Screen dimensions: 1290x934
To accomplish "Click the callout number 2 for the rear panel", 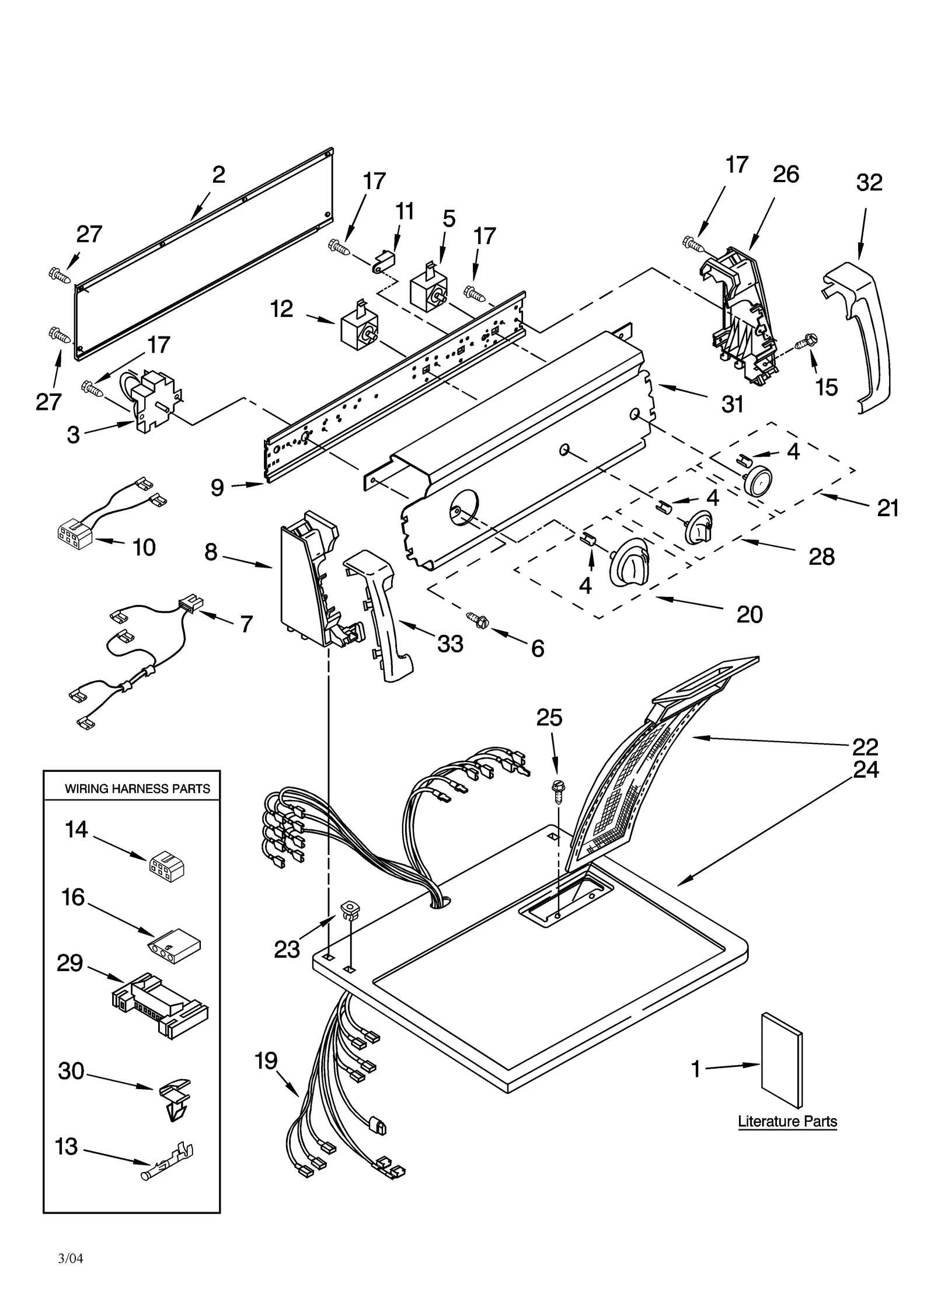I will click(218, 175).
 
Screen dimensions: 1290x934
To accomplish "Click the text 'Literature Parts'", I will click(787, 1121).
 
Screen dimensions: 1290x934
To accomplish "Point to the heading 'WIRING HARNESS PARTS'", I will click(137, 789).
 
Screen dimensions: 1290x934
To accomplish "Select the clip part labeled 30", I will click(173, 1097).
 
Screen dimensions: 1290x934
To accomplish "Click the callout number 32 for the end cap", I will click(869, 183).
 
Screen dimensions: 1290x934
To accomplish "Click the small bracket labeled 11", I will click(383, 260).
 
